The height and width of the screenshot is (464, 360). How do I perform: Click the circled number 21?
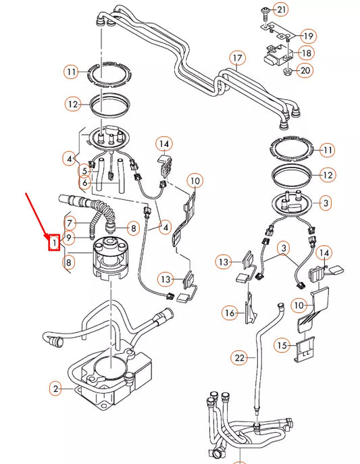[x=281, y=9]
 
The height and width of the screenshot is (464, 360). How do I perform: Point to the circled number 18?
[x=306, y=53]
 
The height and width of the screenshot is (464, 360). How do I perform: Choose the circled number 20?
[x=305, y=70]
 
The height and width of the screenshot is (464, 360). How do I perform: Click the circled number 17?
[x=236, y=58]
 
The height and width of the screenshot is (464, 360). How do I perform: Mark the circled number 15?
[x=282, y=345]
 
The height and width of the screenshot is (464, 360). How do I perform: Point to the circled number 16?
[x=230, y=312]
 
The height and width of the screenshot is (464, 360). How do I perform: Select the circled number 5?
[x=85, y=170]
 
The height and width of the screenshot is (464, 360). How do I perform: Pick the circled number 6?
[x=85, y=183]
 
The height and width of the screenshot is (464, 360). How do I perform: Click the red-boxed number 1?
[x=53, y=240]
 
